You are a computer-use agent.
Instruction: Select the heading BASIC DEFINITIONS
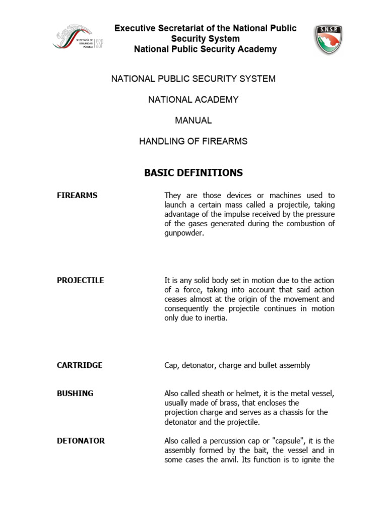[x=193, y=173]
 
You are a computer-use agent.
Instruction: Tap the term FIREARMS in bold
[x=77, y=196]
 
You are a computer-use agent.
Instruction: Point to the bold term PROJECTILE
[x=80, y=280]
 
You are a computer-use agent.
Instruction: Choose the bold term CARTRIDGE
[x=80, y=365]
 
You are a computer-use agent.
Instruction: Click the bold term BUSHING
[x=75, y=394]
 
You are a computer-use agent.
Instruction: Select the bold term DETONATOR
[x=81, y=441]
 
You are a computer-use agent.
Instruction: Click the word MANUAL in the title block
[x=193, y=120]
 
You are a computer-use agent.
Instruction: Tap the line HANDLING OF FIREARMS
[x=193, y=142]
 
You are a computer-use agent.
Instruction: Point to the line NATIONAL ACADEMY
[x=193, y=100]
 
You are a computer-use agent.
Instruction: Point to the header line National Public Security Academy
[x=205, y=49]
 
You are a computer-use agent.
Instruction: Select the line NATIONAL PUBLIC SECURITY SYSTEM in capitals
[x=193, y=79]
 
